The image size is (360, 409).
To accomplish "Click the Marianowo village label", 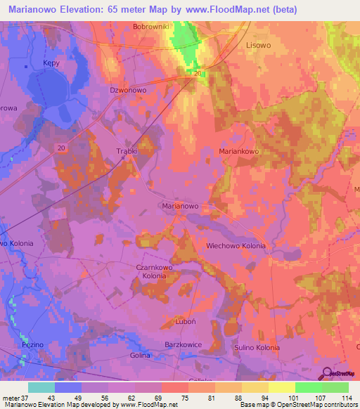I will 180,207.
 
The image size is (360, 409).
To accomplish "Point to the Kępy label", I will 51,63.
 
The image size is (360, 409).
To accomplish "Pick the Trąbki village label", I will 126,151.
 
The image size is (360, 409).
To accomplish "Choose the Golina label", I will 140,356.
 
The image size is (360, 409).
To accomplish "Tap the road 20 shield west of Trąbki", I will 62,147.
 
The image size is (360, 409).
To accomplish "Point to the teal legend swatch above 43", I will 41,387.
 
